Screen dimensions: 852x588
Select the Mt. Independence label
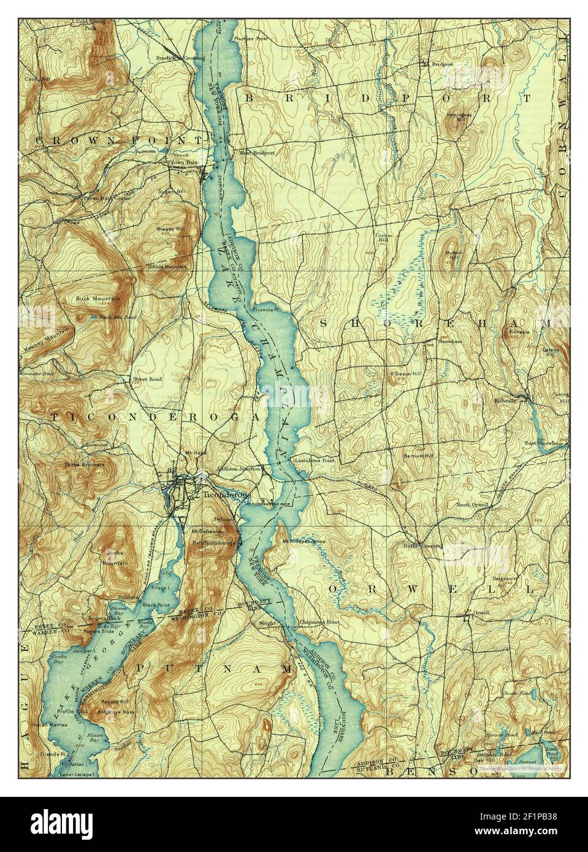[x=304, y=542]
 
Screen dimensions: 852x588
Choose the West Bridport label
[x=256, y=153]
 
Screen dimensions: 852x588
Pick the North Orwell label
[x=472, y=505]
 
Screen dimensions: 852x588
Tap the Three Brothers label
[x=85, y=465]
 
